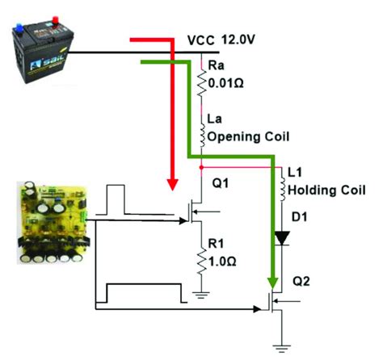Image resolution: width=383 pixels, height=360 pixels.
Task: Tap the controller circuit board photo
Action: coord(53,224)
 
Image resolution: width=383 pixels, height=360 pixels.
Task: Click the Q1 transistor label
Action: coord(220,184)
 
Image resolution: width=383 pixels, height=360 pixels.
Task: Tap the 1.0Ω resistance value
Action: coord(224,261)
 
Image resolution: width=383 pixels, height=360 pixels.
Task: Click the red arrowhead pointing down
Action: coord(171,183)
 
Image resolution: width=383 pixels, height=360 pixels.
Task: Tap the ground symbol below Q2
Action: coord(280,347)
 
